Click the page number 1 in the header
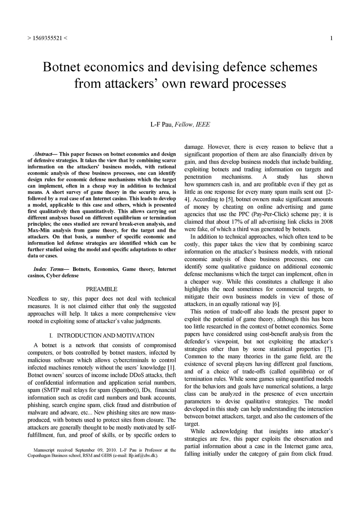coord(331,38)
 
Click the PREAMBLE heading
coord(102,289)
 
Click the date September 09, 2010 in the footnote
coord(96,450)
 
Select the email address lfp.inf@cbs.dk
coord(143,456)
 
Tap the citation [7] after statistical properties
coord(328,349)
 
